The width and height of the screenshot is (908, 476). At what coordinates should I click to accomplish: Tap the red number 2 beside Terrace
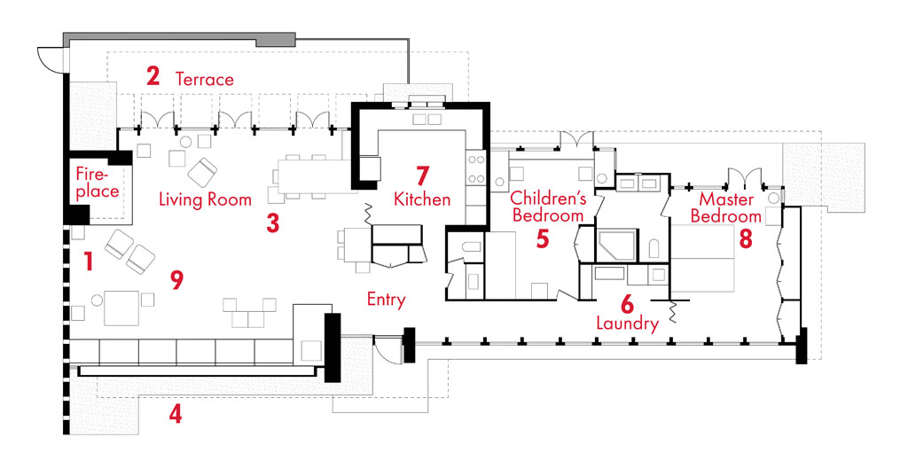tap(153, 77)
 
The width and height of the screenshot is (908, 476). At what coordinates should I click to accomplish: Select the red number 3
tap(273, 222)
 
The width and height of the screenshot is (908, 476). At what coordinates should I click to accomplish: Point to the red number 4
tap(176, 413)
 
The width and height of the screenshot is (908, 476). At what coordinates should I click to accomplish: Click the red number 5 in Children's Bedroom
tap(543, 238)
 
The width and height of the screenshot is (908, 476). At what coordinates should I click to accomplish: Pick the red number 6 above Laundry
tap(626, 301)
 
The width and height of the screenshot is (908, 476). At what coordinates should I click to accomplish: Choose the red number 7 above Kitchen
tap(422, 174)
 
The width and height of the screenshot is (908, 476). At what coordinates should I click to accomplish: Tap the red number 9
tap(176, 280)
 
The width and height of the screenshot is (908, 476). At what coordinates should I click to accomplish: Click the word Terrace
tap(205, 79)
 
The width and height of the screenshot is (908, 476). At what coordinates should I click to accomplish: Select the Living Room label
tap(205, 199)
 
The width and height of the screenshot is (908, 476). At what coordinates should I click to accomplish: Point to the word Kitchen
tap(422, 199)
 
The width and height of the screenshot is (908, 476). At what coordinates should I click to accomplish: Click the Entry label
tap(386, 300)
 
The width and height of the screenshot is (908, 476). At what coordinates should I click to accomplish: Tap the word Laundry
tap(627, 324)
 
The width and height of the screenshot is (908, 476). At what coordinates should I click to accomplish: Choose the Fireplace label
tap(96, 182)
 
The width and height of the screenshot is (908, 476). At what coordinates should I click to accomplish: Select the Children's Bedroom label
tap(548, 206)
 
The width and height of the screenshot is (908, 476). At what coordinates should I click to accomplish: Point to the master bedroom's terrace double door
tap(740, 177)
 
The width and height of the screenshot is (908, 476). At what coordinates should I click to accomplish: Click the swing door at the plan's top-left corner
tap(51, 60)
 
